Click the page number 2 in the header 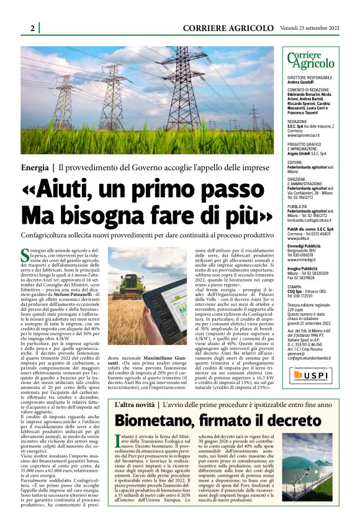coord(32,28)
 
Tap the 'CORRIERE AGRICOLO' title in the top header coord(228,28)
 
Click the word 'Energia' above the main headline coord(37,168)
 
